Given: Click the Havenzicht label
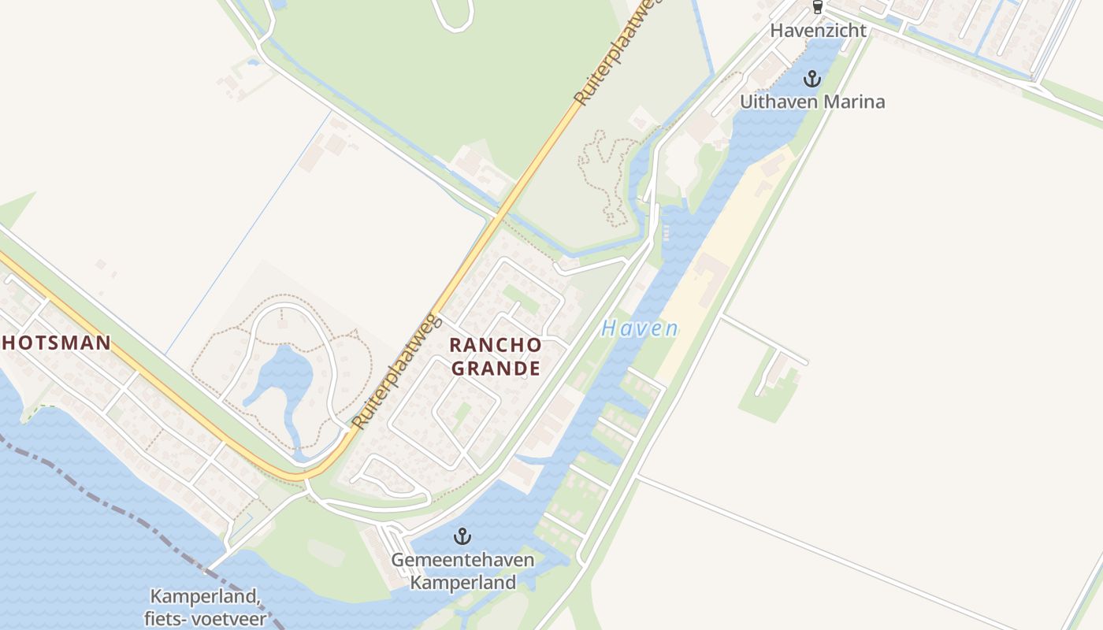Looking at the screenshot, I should click(818, 31).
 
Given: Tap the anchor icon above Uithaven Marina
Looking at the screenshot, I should click(811, 79).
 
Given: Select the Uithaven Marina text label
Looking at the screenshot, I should click(811, 102).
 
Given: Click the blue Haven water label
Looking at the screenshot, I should click(639, 328).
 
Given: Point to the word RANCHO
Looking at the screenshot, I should click(495, 345).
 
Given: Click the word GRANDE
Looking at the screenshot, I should click(495, 368).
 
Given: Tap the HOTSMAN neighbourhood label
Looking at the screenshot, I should click(55, 343).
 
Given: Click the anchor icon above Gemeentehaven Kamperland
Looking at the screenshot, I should click(462, 537).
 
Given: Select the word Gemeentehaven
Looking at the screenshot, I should click(462, 561).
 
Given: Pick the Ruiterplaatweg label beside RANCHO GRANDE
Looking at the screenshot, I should click(396, 370).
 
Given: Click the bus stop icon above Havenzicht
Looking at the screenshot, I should click(817, 8).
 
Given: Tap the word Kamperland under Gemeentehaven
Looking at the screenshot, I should click(462, 583).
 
